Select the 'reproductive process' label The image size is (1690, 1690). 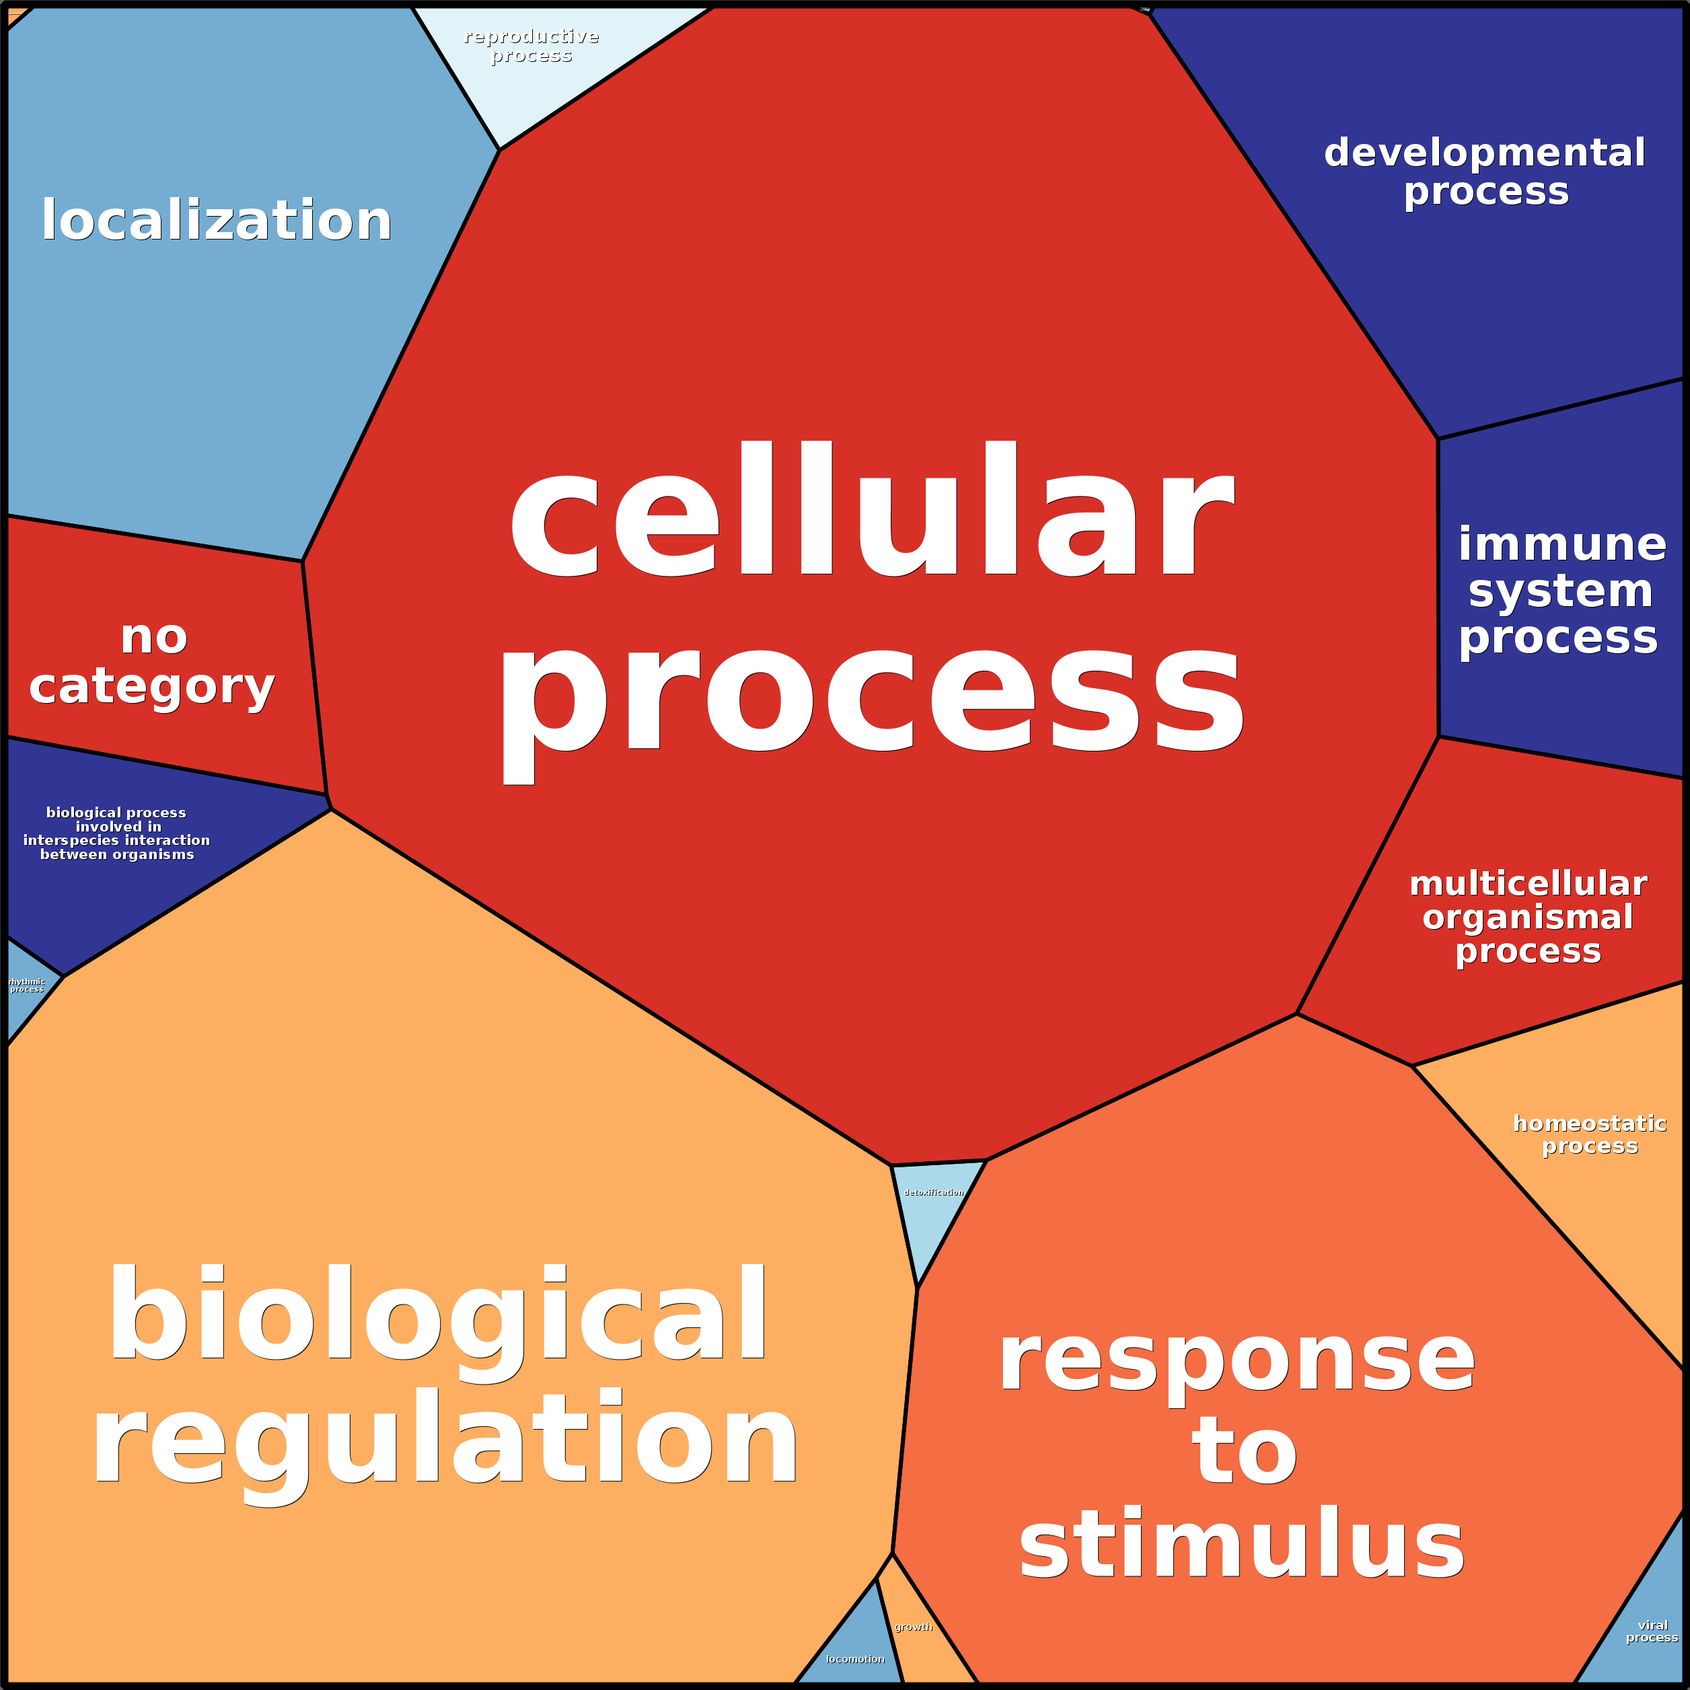531,46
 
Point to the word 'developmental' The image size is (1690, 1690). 1484,153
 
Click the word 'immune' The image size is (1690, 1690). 1562,544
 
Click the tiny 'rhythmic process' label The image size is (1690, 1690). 26,985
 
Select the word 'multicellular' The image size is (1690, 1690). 1527,883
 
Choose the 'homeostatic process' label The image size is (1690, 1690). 1589,1134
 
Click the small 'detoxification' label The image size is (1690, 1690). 933,1192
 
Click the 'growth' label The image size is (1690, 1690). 913,1627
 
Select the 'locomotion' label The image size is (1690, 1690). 854,1658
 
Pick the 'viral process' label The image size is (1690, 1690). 1652,1631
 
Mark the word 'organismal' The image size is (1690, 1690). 1527,917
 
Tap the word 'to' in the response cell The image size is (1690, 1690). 1244,1452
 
